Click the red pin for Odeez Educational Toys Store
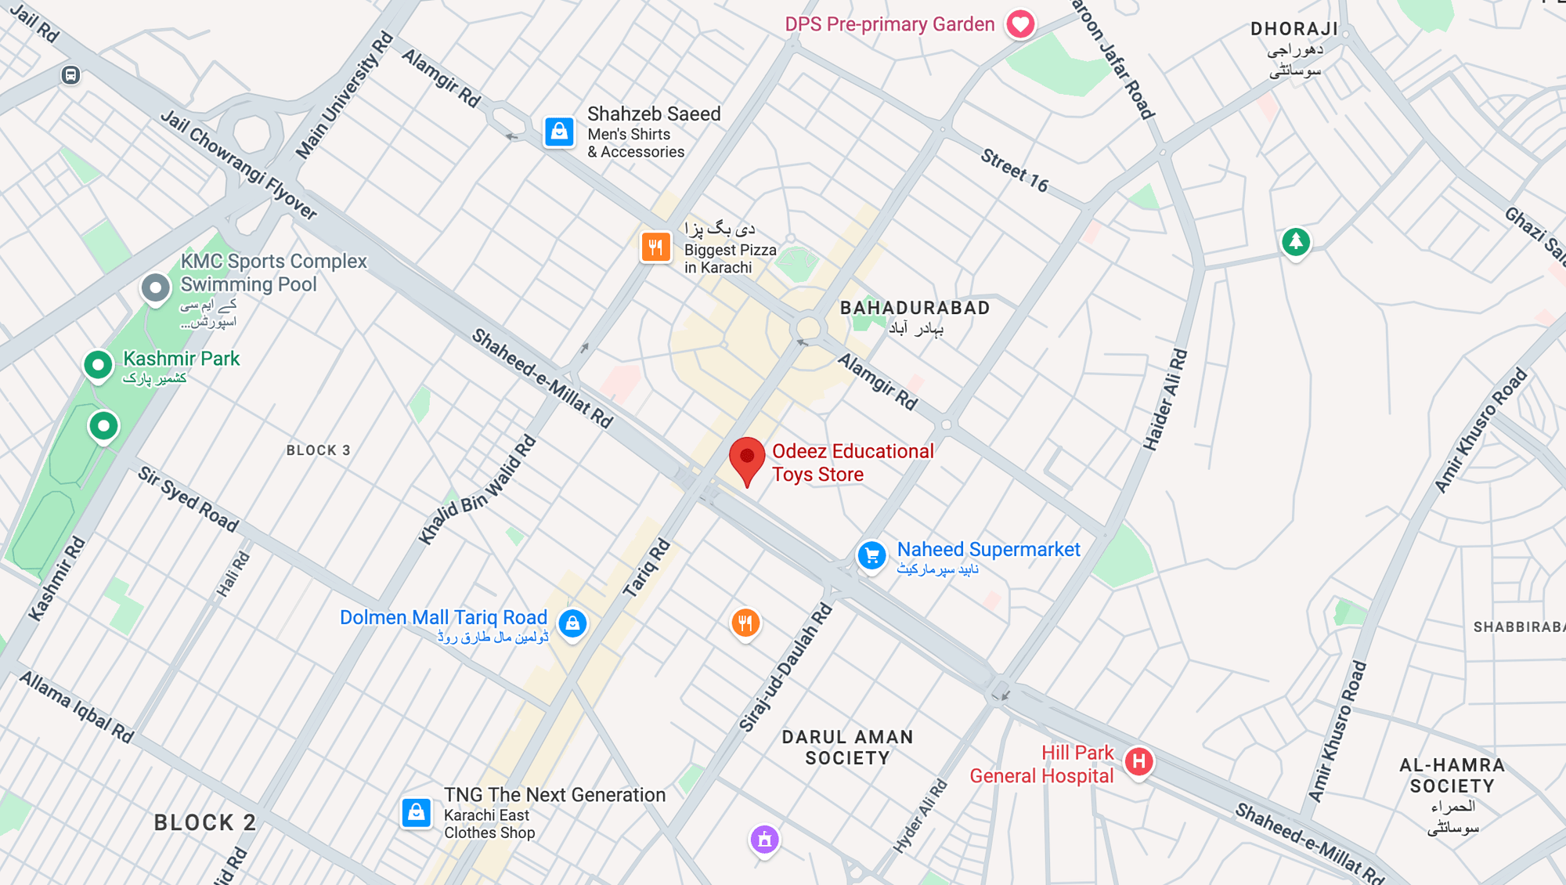pos(747,459)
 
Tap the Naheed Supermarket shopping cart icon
pos(871,556)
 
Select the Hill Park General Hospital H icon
pos(1138,761)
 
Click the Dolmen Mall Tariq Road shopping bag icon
pos(572,623)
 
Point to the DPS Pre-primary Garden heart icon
pos(1020,24)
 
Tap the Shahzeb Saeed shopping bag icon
pos(559,132)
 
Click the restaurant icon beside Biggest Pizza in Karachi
pos(656,247)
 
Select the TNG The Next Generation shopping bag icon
pos(417,812)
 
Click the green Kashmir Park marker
pos(98,365)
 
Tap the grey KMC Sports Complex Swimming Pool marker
pos(156,288)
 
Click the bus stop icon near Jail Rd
pos(70,75)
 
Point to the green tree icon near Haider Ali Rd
pos(1296,242)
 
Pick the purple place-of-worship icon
pos(765,840)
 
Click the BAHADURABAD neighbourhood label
pos(915,308)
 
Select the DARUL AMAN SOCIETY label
pos(847,747)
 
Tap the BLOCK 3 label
pos(318,450)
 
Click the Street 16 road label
pos(1014,170)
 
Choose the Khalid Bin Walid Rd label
pos(478,489)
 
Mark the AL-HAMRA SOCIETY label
pos(1452,775)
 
